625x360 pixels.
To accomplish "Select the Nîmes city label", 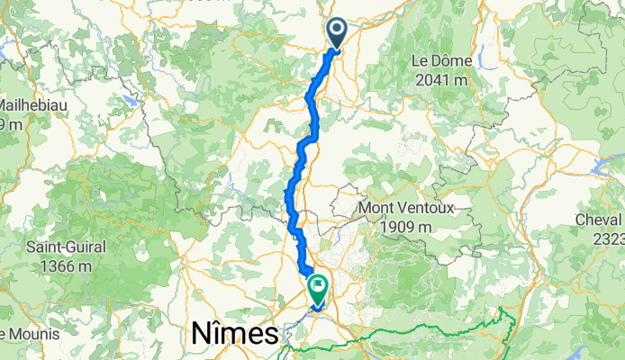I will click(234, 335).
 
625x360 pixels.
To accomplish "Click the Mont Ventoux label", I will click(407, 209).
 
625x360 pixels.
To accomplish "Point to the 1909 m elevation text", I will click(407, 228).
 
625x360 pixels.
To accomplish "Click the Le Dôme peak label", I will click(440, 61).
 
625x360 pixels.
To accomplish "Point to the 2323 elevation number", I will click(607, 238).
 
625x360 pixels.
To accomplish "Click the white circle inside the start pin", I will click(337, 30).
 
